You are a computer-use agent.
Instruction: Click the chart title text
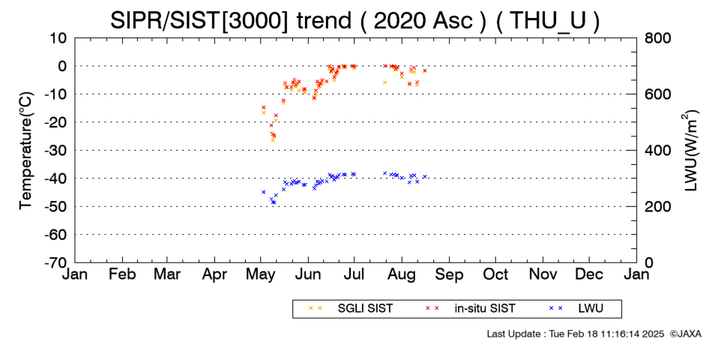pos(355,20)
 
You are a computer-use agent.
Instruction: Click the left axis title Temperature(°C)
pos(26,151)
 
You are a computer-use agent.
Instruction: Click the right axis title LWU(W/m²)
pos(688,151)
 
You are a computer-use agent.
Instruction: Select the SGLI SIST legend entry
pos(350,309)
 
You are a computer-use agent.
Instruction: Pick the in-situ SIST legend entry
pos(470,309)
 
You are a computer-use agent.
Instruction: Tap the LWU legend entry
pos(576,309)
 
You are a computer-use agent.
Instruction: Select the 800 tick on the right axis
pos(657,37)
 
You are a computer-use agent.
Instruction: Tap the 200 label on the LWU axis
pos(657,206)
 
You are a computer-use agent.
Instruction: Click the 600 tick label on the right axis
pos(657,94)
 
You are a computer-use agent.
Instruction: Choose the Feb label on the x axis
pos(122,274)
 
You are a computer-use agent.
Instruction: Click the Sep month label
pos(449,275)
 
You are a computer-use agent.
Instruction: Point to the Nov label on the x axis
pos(543,274)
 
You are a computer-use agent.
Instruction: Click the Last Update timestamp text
pos(576,334)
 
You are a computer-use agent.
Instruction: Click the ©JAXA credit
pos(685,334)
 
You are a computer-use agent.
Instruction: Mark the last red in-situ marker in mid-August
pos(425,70)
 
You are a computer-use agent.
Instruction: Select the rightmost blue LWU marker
pos(424,177)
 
